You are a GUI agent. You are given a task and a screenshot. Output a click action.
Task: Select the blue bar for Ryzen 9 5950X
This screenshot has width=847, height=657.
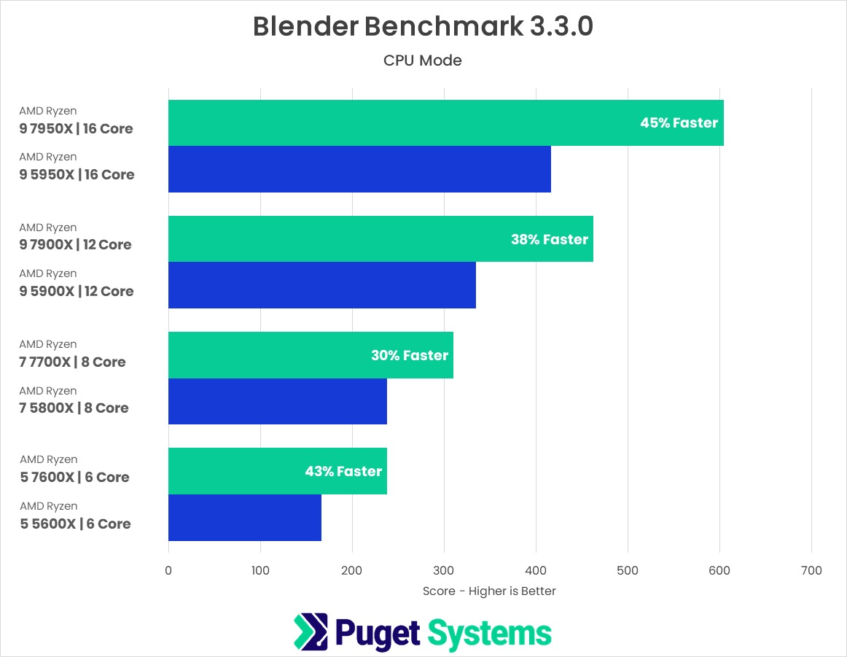click(x=359, y=169)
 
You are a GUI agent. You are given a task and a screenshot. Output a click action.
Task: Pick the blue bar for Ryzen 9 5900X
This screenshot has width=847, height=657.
click(x=321, y=285)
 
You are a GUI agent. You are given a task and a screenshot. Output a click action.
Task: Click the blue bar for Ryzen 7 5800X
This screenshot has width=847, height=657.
click(x=277, y=401)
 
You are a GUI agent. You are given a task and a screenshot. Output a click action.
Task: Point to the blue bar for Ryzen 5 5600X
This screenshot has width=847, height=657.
click(x=244, y=518)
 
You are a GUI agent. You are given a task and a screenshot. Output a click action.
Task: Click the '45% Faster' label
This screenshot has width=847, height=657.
click(x=679, y=123)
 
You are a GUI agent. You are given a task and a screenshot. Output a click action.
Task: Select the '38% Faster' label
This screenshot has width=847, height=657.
click(x=550, y=238)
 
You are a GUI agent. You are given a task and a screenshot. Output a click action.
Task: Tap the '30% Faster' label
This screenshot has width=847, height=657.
click(x=410, y=355)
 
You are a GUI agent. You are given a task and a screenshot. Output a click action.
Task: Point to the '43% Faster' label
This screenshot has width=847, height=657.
click(x=343, y=471)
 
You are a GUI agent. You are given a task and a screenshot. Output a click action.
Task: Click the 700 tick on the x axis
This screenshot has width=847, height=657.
click(x=811, y=570)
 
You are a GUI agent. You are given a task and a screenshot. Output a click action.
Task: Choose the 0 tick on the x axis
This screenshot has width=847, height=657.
click(x=168, y=570)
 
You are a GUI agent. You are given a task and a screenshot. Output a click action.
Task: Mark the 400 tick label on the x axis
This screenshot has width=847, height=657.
click(x=536, y=570)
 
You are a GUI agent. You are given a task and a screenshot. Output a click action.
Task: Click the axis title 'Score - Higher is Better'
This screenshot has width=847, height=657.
click(x=489, y=591)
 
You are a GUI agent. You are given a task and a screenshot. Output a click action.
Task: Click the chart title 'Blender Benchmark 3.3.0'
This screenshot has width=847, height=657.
click(x=423, y=26)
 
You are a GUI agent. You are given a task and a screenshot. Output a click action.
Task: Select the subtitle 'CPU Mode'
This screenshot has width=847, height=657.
click(x=423, y=61)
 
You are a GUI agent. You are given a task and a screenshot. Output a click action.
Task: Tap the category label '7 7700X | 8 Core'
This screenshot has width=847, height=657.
click(x=72, y=362)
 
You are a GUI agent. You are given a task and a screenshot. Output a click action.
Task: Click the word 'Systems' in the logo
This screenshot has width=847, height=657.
click(x=489, y=632)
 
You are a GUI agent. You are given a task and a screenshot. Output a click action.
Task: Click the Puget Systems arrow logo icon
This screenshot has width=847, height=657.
click(x=311, y=631)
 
